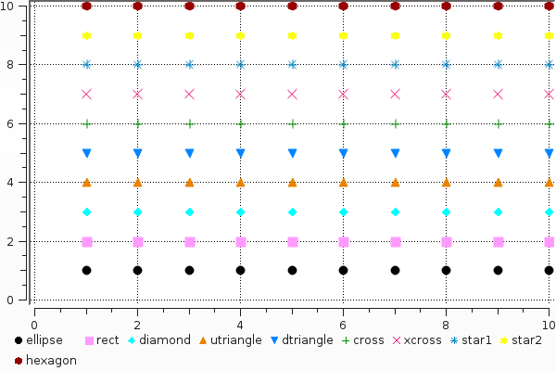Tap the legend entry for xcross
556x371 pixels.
423,340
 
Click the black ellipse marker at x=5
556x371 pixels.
292,271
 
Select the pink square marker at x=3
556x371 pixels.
189,242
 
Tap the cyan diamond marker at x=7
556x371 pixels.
395,212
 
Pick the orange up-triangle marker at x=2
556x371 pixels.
138,183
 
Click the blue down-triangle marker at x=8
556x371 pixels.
447,153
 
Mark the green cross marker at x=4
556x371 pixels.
241,123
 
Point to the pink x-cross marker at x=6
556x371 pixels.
344,94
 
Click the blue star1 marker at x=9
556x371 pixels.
498,65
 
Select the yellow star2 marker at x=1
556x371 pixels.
86,35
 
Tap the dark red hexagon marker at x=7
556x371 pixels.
395,6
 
